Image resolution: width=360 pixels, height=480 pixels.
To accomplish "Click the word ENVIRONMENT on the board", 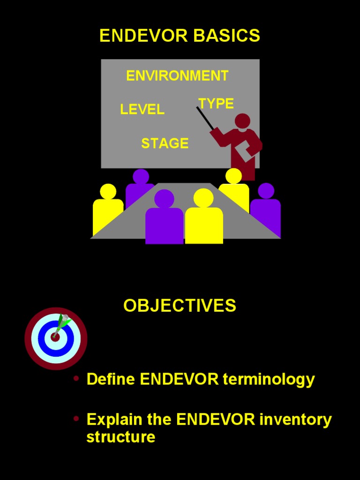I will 177,75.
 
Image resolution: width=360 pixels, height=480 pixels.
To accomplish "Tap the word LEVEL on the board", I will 142,110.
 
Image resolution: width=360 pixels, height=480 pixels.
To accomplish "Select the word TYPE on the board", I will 216,104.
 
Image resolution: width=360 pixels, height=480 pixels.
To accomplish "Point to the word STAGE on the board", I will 165,143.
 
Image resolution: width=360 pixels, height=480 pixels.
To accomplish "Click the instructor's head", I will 242,121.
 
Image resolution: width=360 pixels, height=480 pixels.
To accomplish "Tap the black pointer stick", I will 205,118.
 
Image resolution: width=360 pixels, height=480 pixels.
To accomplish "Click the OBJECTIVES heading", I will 180,306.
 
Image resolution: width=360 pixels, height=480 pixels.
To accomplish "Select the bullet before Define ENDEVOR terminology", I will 76,378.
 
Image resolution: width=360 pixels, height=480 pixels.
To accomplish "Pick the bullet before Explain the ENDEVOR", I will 76,419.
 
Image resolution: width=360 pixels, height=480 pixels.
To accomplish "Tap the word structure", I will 120,437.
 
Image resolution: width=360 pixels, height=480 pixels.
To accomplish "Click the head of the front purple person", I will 164,199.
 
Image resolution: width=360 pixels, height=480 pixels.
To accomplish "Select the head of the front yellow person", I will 203,198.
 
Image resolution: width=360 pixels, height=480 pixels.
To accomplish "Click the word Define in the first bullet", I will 111,379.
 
